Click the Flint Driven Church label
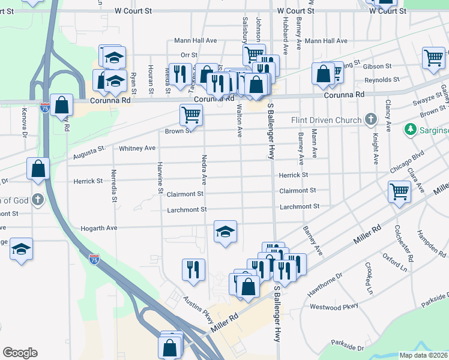tap(327, 120)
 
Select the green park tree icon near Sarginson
tap(411, 128)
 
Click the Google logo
tap(20, 353)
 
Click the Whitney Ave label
tap(137, 148)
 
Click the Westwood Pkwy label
tap(334, 306)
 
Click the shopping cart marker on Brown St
tap(191, 113)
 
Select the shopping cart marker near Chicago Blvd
tap(399, 191)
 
